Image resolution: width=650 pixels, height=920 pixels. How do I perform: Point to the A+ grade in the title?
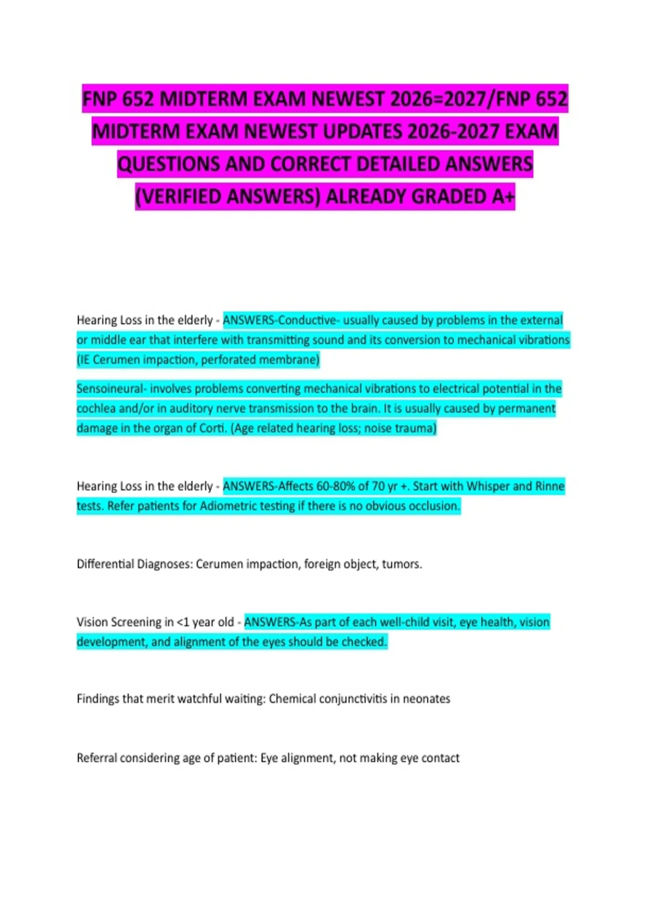[x=503, y=196]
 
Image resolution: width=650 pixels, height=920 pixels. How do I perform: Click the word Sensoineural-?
[x=111, y=389]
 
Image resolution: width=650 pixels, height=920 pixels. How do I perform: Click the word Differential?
[x=105, y=564]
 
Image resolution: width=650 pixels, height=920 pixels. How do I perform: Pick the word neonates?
[x=426, y=699]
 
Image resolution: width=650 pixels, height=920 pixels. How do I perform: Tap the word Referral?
[x=96, y=758]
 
